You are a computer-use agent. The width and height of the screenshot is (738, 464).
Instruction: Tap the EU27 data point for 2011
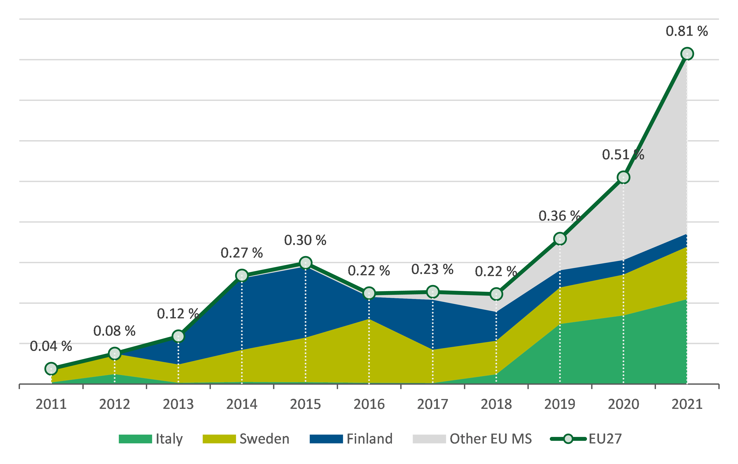point(51,369)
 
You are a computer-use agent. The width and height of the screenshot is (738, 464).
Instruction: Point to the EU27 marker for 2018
point(496,294)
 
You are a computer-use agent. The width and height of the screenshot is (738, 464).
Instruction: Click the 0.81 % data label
point(687,31)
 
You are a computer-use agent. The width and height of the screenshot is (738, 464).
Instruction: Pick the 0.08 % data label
point(114,331)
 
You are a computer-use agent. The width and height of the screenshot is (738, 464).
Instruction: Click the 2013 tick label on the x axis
point(178,404)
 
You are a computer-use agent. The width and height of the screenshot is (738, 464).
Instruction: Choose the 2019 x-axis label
point(560,404)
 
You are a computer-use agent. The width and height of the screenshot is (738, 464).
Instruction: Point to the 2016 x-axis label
point(369,404)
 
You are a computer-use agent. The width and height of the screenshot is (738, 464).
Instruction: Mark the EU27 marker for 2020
point(623,177)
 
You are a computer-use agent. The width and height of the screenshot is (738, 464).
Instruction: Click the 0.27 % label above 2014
point(241,253)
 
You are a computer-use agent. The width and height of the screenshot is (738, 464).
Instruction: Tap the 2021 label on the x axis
point(687,404)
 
